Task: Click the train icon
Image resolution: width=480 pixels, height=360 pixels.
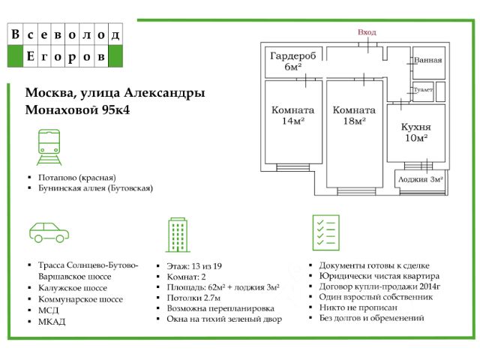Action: click(x=49, y=147)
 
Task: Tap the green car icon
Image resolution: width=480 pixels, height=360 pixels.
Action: click(x=49, y=232)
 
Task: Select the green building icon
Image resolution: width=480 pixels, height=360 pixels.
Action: click(x=178, y=235)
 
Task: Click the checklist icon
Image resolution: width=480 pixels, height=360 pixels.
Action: click(x=326, y=232)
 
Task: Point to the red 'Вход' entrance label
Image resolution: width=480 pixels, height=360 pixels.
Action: click(x=367, y=32)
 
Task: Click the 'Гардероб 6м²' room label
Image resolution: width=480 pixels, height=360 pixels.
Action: click(x=293, y=61)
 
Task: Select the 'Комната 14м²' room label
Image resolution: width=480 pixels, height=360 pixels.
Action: click(x=293, y=115)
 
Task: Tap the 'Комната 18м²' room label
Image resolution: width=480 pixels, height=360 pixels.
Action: click(x=354, y=115)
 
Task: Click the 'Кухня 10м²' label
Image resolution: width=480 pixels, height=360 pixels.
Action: click(x=416, y=132)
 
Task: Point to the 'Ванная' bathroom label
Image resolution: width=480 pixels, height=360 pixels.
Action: click(x=428, y=60)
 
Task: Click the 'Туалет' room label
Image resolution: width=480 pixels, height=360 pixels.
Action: click(x=423, y=90)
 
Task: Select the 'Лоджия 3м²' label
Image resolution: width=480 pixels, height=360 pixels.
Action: click(x=421, y=179)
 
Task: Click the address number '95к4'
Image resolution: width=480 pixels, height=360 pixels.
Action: click(x=115, y=110)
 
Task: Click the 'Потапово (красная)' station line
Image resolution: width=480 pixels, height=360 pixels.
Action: click(x=77, y=178)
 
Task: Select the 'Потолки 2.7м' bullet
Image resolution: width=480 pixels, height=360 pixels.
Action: click(x=193, y=298)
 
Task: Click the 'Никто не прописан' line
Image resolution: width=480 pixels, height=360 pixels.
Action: click(x=358, y=307)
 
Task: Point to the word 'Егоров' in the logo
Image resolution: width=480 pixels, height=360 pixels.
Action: click(x=65, y=56)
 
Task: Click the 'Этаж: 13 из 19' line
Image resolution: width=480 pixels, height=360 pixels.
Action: click(x=194, y=266)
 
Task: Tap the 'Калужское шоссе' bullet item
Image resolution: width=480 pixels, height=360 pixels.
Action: click(x=73, y=288)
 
